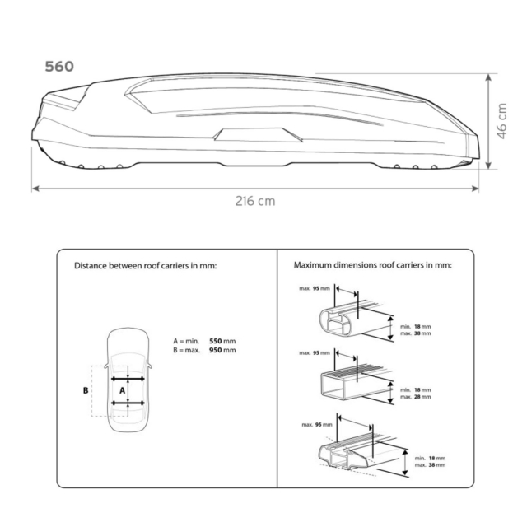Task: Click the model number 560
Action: pyautogui.click(x=59, y=67)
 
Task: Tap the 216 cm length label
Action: pyautogui.click(x=255, y=201)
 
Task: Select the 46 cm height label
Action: pyautogui.click(x=501, y=121)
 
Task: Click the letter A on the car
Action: pyautogui.click(x=123, y=390)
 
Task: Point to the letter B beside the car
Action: pyautogui.click(x=86, y=390)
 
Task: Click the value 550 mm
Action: pyautogui.click(x=222, y=341)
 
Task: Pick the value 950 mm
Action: pyautogui.click(x=222, y=350)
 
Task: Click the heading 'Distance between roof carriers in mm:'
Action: pyautogui.click(x=145, y=265)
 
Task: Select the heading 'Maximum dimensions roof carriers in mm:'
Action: pyautogui.click(x=373, y=265)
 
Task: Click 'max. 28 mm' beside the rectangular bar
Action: pyautogui.click(x=415, y=397)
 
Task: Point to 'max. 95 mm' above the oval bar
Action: pyautogui.click(x=315, y=288)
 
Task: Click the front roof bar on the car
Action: pyautogui.click(x=128, y=379)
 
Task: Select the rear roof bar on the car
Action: pyautogui.click(x=128, y=403)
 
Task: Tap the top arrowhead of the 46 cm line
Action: pyautogui.click(x=488, y=77)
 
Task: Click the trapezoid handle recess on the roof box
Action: pyautogui.click(x=258, y=134)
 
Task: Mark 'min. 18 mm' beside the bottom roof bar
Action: pyautogui.click(x=430, y=458)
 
